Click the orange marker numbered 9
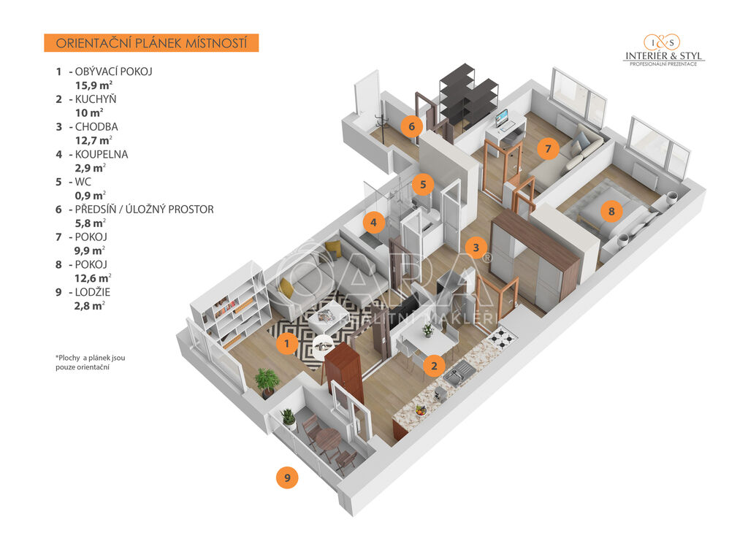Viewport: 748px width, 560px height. (x=287, y=478)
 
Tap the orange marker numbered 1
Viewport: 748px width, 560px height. (x=287, y=342)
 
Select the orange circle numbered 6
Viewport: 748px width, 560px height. (x=411, y=126)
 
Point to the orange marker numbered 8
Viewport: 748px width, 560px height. (x=611, y=212)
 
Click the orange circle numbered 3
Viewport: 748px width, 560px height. (x=476, y=248)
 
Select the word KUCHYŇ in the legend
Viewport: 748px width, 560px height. (x=96, y=99)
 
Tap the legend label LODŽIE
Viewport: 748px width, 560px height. (x=93, y=292)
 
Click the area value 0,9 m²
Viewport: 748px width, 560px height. (x=91, y=195)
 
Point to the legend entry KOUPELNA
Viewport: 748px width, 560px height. (x=102, y=154)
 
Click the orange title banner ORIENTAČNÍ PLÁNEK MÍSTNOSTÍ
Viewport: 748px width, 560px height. (x=151, y=43)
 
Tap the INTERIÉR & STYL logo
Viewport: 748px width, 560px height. (x=663, y=50)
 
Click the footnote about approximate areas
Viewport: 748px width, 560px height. (x=89, y=362)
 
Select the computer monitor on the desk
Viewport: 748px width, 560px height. (x=502, y=118)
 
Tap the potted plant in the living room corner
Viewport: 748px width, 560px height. (x=267, y=380)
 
